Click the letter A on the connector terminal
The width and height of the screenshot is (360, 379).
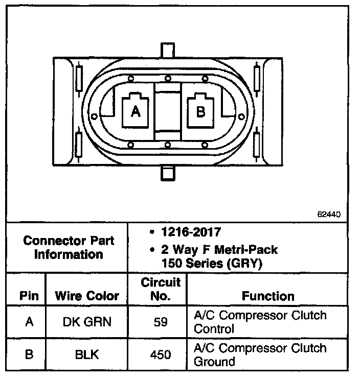pyautogui.click(x=136, y=112)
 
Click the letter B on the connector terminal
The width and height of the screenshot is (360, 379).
pyautogui.click(x=200, y=112)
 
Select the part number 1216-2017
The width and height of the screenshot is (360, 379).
pyautogui.click(x=189, y=232)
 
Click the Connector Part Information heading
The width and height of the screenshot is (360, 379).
pyautogui.click(x=69, y=247)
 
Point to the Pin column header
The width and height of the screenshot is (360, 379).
pyautogui.click(x=29, y=296)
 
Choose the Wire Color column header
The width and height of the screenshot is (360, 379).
pyautogui.click(x=87, y=296)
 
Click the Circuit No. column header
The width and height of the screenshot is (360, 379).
pyautogui.click(x=161, y=289)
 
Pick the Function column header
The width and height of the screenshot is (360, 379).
pyautogui.click(x=268, y=296)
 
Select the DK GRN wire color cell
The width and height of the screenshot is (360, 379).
pyautogui.click(x=87, y=322)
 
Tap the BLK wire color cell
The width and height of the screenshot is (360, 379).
pyautogui.click(x=87, y=354)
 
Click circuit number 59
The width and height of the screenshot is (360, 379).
pyautogui.click(x=161, y=322)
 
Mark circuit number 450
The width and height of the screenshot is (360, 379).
pyautogui.click(x=161, y=354)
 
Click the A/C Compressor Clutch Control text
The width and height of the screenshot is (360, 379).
pyautogui.click(x=260, y=322)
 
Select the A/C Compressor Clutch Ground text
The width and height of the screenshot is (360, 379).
pyautogui.click(x=260, y=354)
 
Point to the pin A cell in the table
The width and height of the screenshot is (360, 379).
pyautogui.click(x=29, y=322)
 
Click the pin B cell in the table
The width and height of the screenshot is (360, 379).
pyautogui.click(x=29, y=354)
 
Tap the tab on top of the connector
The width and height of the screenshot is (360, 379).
pyautogui.click(x=168, y=51)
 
